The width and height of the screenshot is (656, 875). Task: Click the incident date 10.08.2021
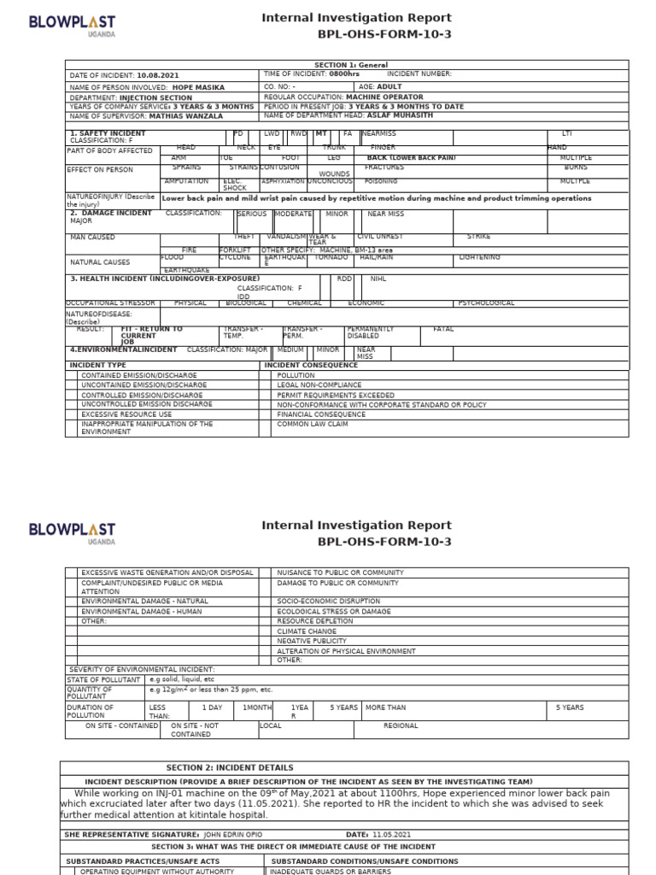click(x=157, y=75)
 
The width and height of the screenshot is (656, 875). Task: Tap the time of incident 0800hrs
click(x=344, y=74)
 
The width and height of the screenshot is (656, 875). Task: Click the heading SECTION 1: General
click(x=350, y=65)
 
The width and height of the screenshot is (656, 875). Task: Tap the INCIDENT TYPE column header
click(x=97, y=365)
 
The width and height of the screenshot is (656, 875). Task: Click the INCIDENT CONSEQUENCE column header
click(x=311, y=365)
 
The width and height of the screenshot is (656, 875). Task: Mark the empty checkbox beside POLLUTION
click(x=265, y=375)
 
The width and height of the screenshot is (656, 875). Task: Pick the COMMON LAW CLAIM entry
click(x=312, y=424)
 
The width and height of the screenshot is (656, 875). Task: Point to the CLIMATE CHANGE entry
click(x=306, y=631)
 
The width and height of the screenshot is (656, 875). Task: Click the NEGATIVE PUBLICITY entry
click(x=312, y=641)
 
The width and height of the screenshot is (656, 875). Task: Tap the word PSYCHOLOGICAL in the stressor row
click(x=487, y=302)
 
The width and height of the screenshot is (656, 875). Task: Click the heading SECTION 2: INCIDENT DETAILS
click(x=230, y=767)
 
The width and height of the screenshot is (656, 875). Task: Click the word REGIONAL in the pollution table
click(x=401, y=725)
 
